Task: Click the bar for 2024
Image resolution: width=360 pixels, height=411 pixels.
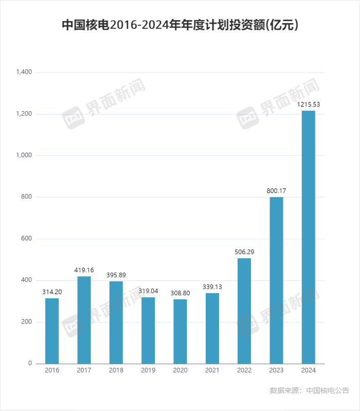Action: (308, 237)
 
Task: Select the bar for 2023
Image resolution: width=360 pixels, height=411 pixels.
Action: (276, 280)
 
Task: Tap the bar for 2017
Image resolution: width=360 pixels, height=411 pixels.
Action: (84, 320)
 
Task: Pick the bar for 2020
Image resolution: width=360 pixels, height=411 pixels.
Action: (180, 331)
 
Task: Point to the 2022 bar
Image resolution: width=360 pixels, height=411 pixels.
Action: (244, 311)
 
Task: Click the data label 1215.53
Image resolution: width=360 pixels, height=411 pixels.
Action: (309, 104)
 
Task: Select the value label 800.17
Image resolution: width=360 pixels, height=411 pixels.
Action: (276, 191)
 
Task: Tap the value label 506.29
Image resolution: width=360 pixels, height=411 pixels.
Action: (244, 252)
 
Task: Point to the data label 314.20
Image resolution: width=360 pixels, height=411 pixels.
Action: (52, 292)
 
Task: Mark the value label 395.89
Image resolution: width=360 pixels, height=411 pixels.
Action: (116, 275)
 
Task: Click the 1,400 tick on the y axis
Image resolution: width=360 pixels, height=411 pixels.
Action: (24, 73)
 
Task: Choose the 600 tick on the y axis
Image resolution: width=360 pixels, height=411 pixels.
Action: (26, 239)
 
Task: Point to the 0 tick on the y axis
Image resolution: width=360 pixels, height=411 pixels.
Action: (30, 364)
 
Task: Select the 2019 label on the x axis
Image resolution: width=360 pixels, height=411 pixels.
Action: (148, 371)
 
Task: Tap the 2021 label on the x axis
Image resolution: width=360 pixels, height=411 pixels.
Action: (212, 371)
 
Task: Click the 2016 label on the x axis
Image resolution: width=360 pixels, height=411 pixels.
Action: (52, 371)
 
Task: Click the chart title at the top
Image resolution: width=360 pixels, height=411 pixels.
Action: (180, 25)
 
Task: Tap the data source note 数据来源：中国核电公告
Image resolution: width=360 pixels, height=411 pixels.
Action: (310, 391)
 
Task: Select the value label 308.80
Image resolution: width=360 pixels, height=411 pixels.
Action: (180, 293)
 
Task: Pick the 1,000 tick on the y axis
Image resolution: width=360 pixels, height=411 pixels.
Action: (24, 155)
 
